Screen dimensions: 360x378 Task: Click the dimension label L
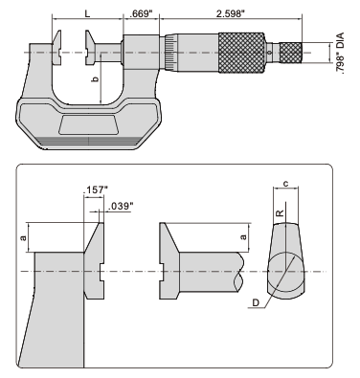tap(87, 13)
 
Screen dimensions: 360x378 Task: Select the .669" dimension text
tap(140, 14)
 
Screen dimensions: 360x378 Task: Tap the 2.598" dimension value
tap(231, 14)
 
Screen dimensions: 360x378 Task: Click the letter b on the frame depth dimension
tap(95, 78)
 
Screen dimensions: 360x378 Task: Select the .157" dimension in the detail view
tap(95, 190)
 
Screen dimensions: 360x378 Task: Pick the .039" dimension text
tap(120, 207)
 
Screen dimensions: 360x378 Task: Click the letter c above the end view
tap(286, 184)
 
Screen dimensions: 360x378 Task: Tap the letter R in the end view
tap(280, 212)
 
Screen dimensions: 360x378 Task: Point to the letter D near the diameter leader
tap(256, 302)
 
